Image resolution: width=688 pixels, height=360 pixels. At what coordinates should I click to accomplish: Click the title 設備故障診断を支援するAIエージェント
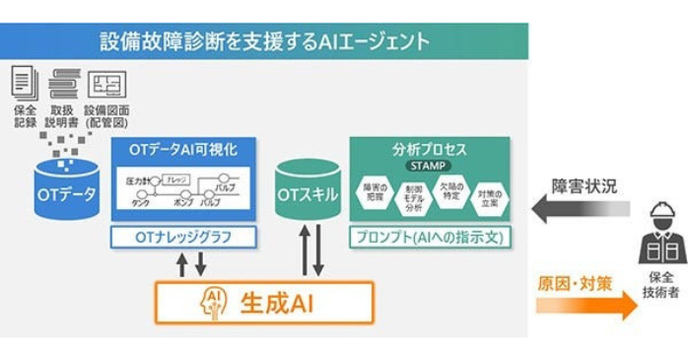264,41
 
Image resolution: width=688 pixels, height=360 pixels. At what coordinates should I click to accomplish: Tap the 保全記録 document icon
26,80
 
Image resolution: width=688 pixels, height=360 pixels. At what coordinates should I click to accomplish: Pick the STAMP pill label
430,167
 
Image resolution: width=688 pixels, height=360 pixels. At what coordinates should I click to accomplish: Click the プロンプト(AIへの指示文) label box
430,238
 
